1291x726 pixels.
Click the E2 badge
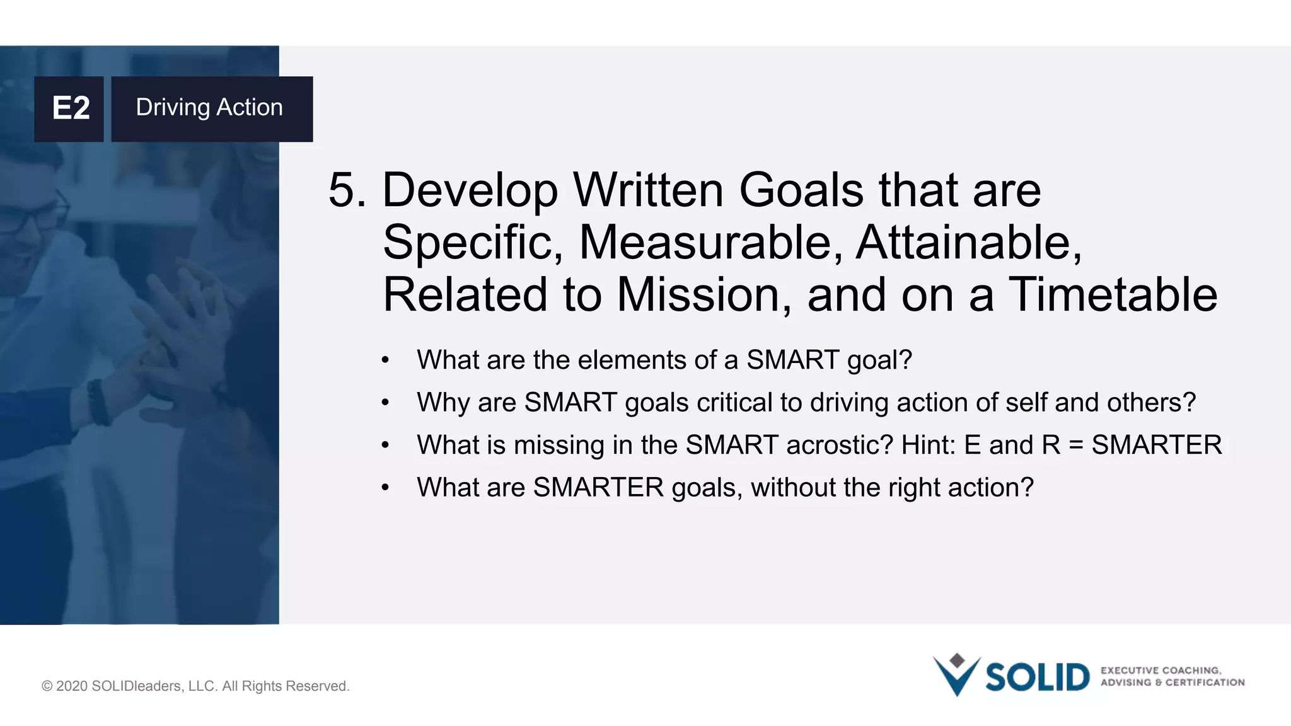pos(69,108)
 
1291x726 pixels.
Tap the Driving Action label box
pos(212,108)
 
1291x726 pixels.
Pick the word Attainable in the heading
pos(968,243)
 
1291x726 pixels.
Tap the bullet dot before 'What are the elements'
pos(385,361)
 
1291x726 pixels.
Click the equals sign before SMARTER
pos(1076,446)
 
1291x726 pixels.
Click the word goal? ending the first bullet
pos(879,361)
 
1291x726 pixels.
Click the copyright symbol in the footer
pos(47,686)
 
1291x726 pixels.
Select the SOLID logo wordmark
pos(1037,678)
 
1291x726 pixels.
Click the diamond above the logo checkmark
pos(957,660)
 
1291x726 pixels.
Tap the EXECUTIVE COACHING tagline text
pos(1161,671)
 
